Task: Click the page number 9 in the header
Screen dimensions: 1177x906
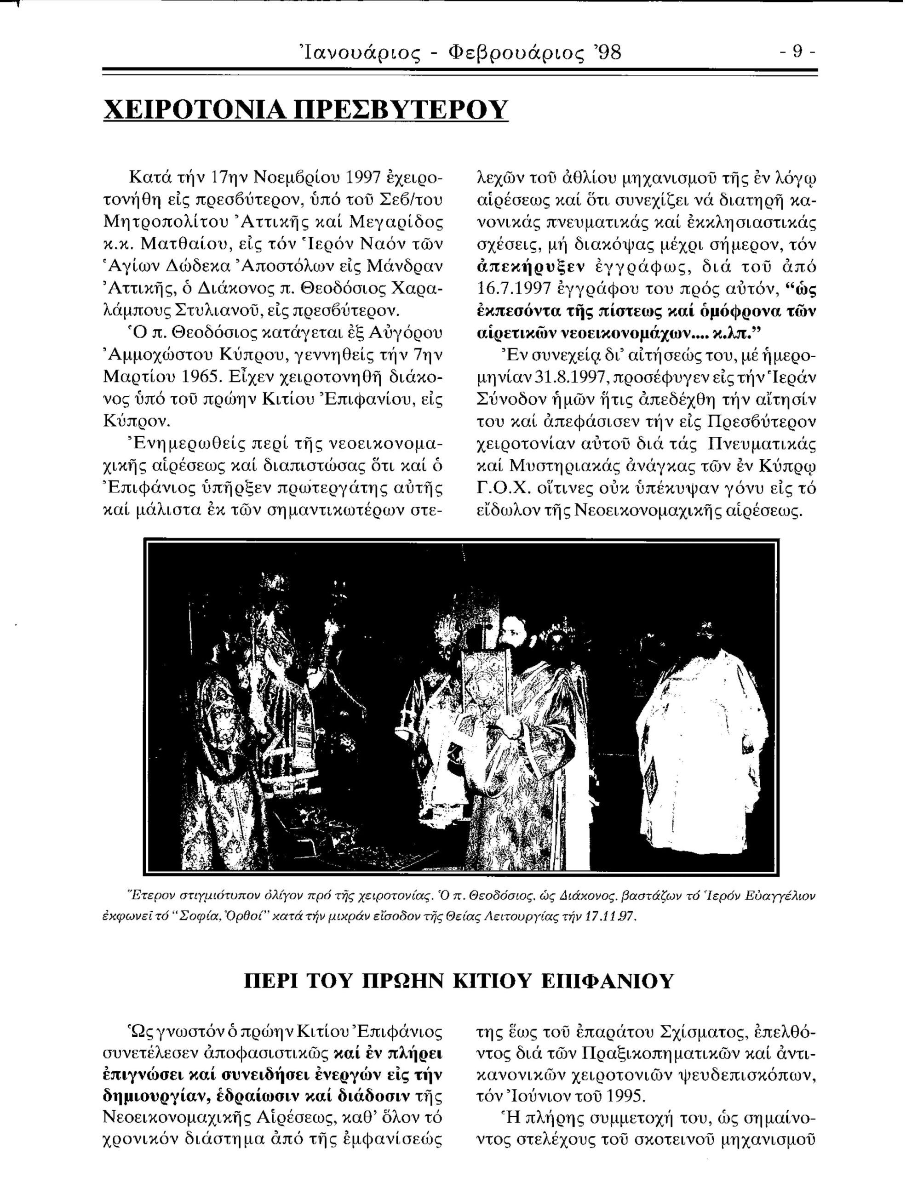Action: coord(798,53)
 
